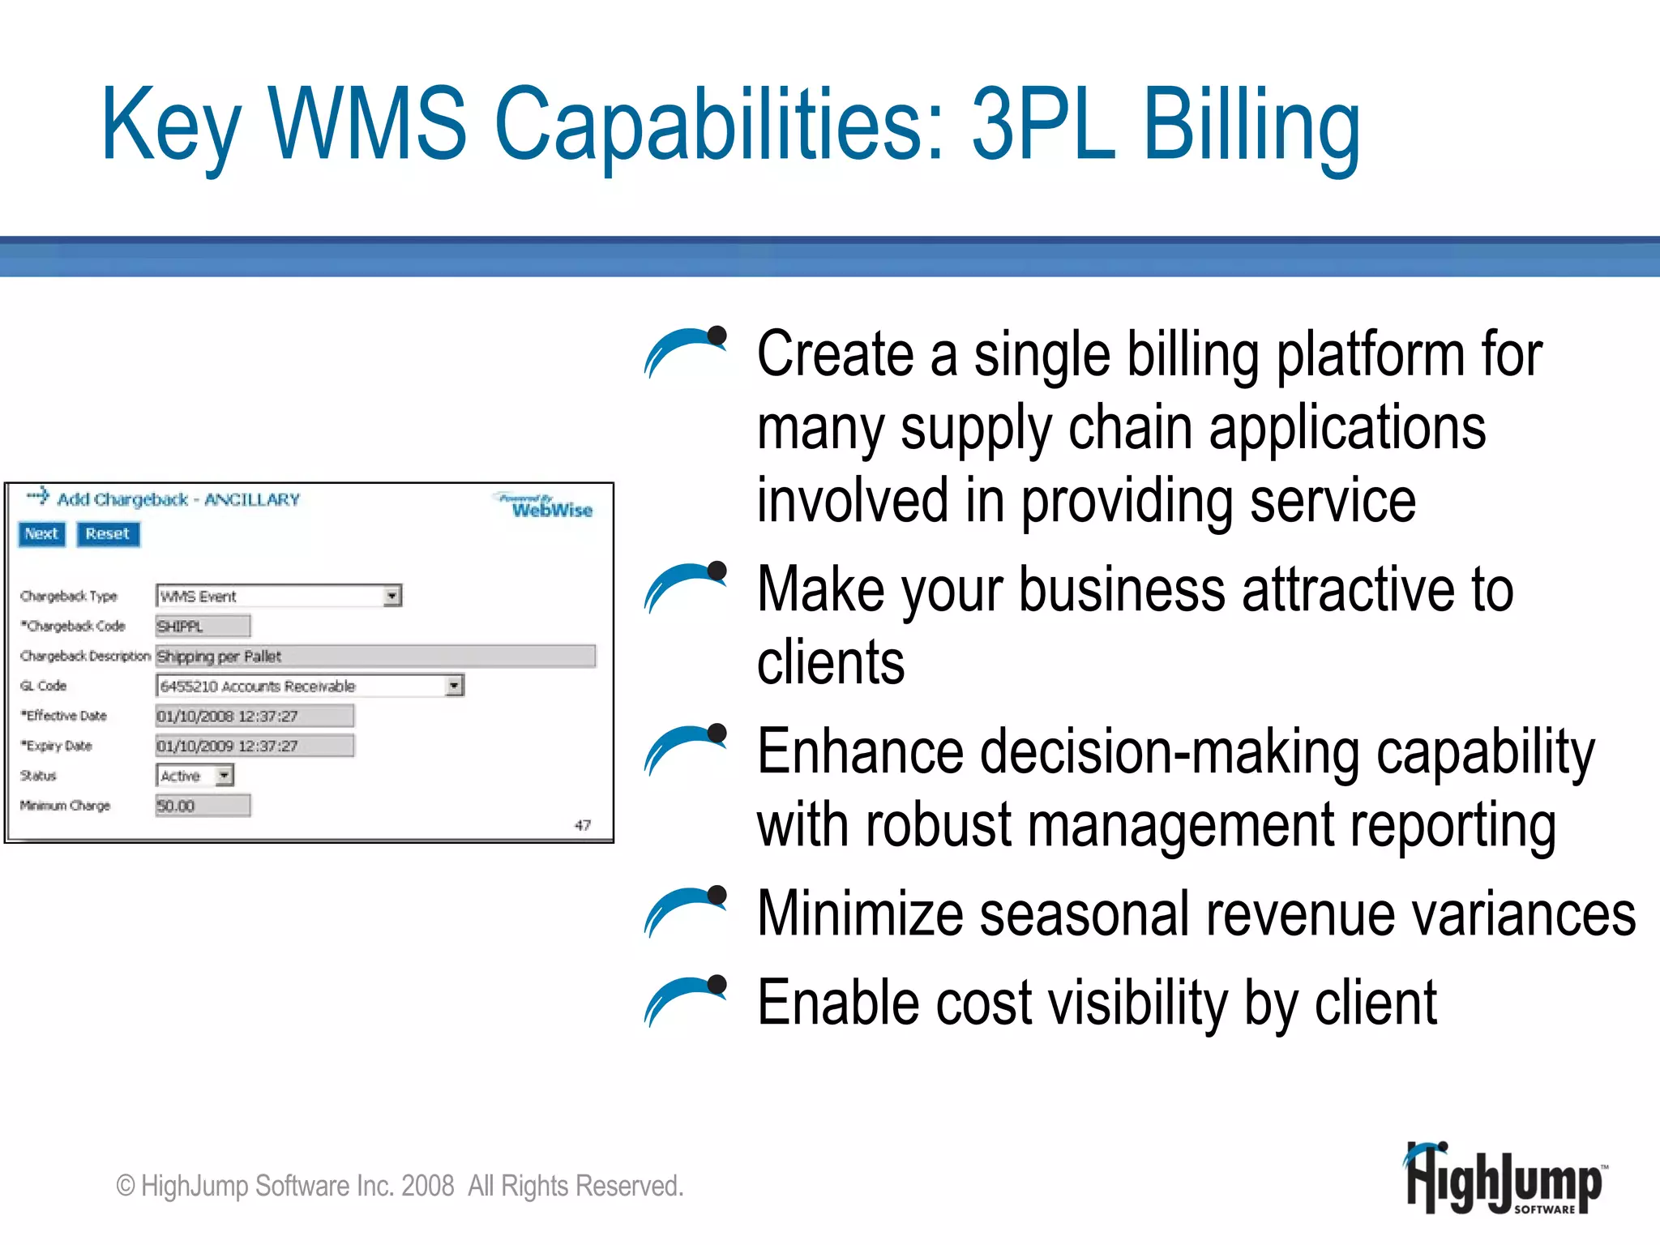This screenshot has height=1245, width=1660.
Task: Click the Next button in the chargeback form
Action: point(41,534)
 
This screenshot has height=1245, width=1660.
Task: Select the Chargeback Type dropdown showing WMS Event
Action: point(278,596)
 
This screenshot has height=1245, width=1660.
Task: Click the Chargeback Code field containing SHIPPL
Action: point(203,626)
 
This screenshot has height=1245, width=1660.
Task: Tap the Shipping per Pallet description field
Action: point(375,656)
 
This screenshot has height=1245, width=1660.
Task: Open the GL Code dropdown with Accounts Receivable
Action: point(309,686)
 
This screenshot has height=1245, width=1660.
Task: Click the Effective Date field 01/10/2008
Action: point(254,716)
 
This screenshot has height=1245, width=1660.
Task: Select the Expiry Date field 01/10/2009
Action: point(254,746)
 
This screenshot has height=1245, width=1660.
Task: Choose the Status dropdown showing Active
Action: point(195,776)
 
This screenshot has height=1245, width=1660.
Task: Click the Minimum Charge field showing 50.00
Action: point(203,806)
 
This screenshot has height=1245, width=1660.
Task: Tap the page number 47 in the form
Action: point(582,825)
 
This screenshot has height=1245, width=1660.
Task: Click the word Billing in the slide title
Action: point(1251,126)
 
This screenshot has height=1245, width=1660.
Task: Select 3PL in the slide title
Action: point(1043,126)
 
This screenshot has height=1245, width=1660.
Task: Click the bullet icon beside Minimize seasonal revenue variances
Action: point(686,911)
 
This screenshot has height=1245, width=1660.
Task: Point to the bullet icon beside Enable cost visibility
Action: point(686,1000)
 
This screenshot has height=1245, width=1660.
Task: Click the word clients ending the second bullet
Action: point(831,662)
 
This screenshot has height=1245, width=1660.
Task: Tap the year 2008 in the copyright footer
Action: point(427,1186)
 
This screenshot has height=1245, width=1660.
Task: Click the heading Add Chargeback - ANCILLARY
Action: point(178,499)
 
